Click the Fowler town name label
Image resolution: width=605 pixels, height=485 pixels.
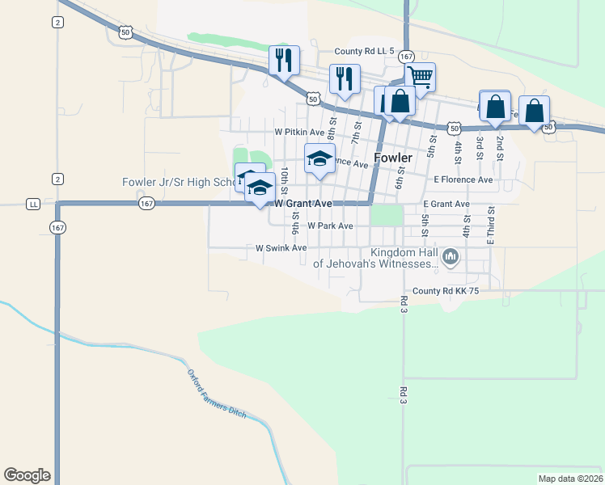pyautogui.click(x=394, y=157)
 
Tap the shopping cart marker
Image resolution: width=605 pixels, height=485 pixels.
pyautogui.click(x=420, y=78)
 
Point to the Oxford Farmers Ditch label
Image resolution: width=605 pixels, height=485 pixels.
pyautogui.click(x=216, y=394)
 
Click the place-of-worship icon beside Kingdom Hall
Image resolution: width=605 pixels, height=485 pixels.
pyautogui.click(x=451, y=258)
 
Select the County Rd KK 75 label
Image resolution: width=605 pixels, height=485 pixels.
pyautogui.click(x=446, y=291)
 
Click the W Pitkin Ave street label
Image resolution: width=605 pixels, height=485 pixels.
pyautogui.click(x=299, y=132)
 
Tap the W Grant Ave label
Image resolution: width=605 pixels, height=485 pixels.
pyautogui.click(x=303, y=204)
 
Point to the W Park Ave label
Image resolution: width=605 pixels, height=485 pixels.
pyautogui.click(x=330, y=226)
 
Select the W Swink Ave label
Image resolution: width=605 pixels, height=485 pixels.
pyautogui.click(x=281, y=248)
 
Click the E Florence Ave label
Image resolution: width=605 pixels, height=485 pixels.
pyautogui.click(x=463, y=179)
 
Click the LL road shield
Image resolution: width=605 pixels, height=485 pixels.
pyautogui.click(x=33, y=204)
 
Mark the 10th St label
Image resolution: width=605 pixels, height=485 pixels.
pyautogui.click(x=286, y=179)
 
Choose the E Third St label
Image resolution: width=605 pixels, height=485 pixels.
pyautogui.click(x=490, y=225)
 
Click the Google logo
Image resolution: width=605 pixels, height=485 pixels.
pyautogui.click(x=27, y=475)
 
